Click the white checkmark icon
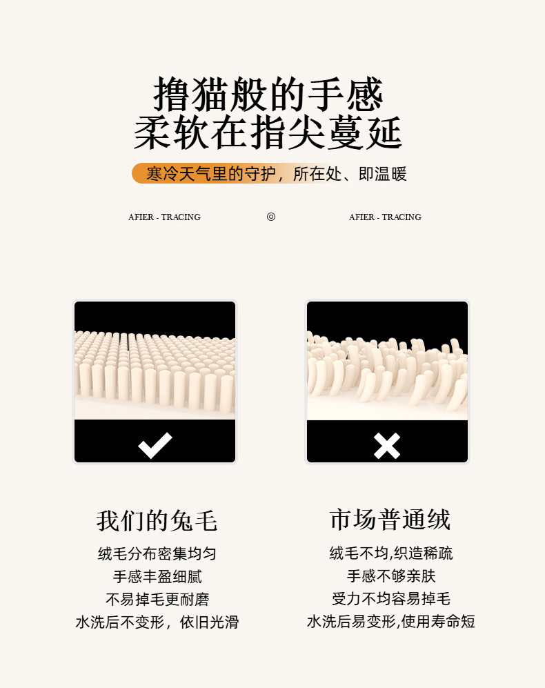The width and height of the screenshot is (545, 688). tap(155, 445)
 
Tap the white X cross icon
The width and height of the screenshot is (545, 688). tap(387, 446)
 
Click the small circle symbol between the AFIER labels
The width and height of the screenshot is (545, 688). tap(271, 217)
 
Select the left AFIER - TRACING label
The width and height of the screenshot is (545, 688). tap(165, 217)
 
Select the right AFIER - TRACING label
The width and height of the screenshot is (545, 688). tap(385, 217)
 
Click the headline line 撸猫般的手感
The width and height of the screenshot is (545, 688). tap(268, 93)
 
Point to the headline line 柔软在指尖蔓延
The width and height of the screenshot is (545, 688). tap(268, 132)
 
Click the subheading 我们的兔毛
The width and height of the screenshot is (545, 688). tap(157, 521)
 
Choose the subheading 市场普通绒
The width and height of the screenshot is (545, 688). tap(390, 520)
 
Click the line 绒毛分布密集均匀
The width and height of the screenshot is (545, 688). tap(157, 553)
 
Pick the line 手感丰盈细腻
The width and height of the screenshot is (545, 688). tap(157, 576)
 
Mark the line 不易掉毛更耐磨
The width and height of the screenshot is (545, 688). tap(157, 600)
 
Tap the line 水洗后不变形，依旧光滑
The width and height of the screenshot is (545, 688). tap(157, 622)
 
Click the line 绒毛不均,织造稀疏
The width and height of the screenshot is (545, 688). tap(391, 553)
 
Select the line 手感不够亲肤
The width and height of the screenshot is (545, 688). tap(391, 576)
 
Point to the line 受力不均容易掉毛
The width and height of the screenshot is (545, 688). tap(391, 599)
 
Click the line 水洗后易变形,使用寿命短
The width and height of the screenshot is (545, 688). tap(391, 622)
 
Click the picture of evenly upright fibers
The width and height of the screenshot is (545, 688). tap(155, 361)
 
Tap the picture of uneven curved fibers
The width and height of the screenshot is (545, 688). tap(387, 361)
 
